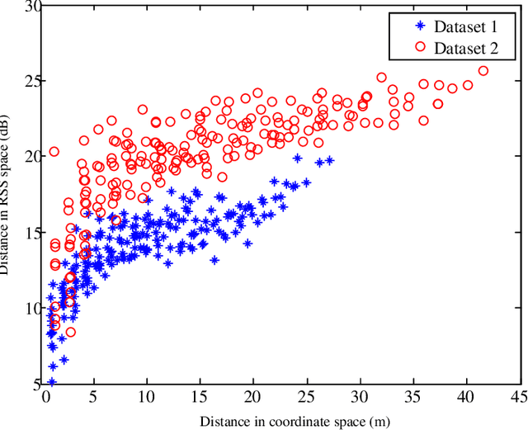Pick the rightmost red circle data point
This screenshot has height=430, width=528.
coord(483,71)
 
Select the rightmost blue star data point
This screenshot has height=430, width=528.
coord(330,161)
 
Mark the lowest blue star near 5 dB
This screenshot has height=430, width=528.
coord(51,382)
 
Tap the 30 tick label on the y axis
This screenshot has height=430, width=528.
coord(31,7)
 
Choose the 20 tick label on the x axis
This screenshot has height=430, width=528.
coord(255,396)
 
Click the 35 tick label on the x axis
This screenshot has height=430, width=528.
coord(414,396)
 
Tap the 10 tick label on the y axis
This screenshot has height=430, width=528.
coord(31,309)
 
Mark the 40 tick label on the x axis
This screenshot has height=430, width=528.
coord(467,396)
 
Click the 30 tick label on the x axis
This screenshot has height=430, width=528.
coord(361,396)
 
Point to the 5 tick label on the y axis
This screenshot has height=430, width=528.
coord(35,384)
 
